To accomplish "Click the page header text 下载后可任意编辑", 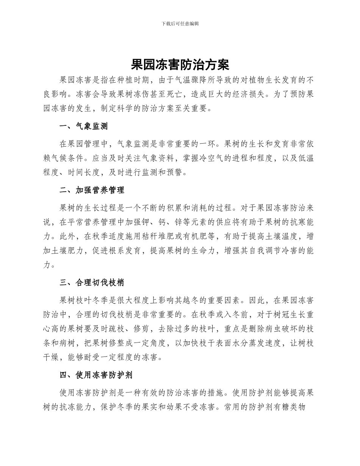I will [180, 23].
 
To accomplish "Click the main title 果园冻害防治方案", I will [180, 64].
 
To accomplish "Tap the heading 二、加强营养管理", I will [92, 190].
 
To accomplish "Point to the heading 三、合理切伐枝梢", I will [92, 282].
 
